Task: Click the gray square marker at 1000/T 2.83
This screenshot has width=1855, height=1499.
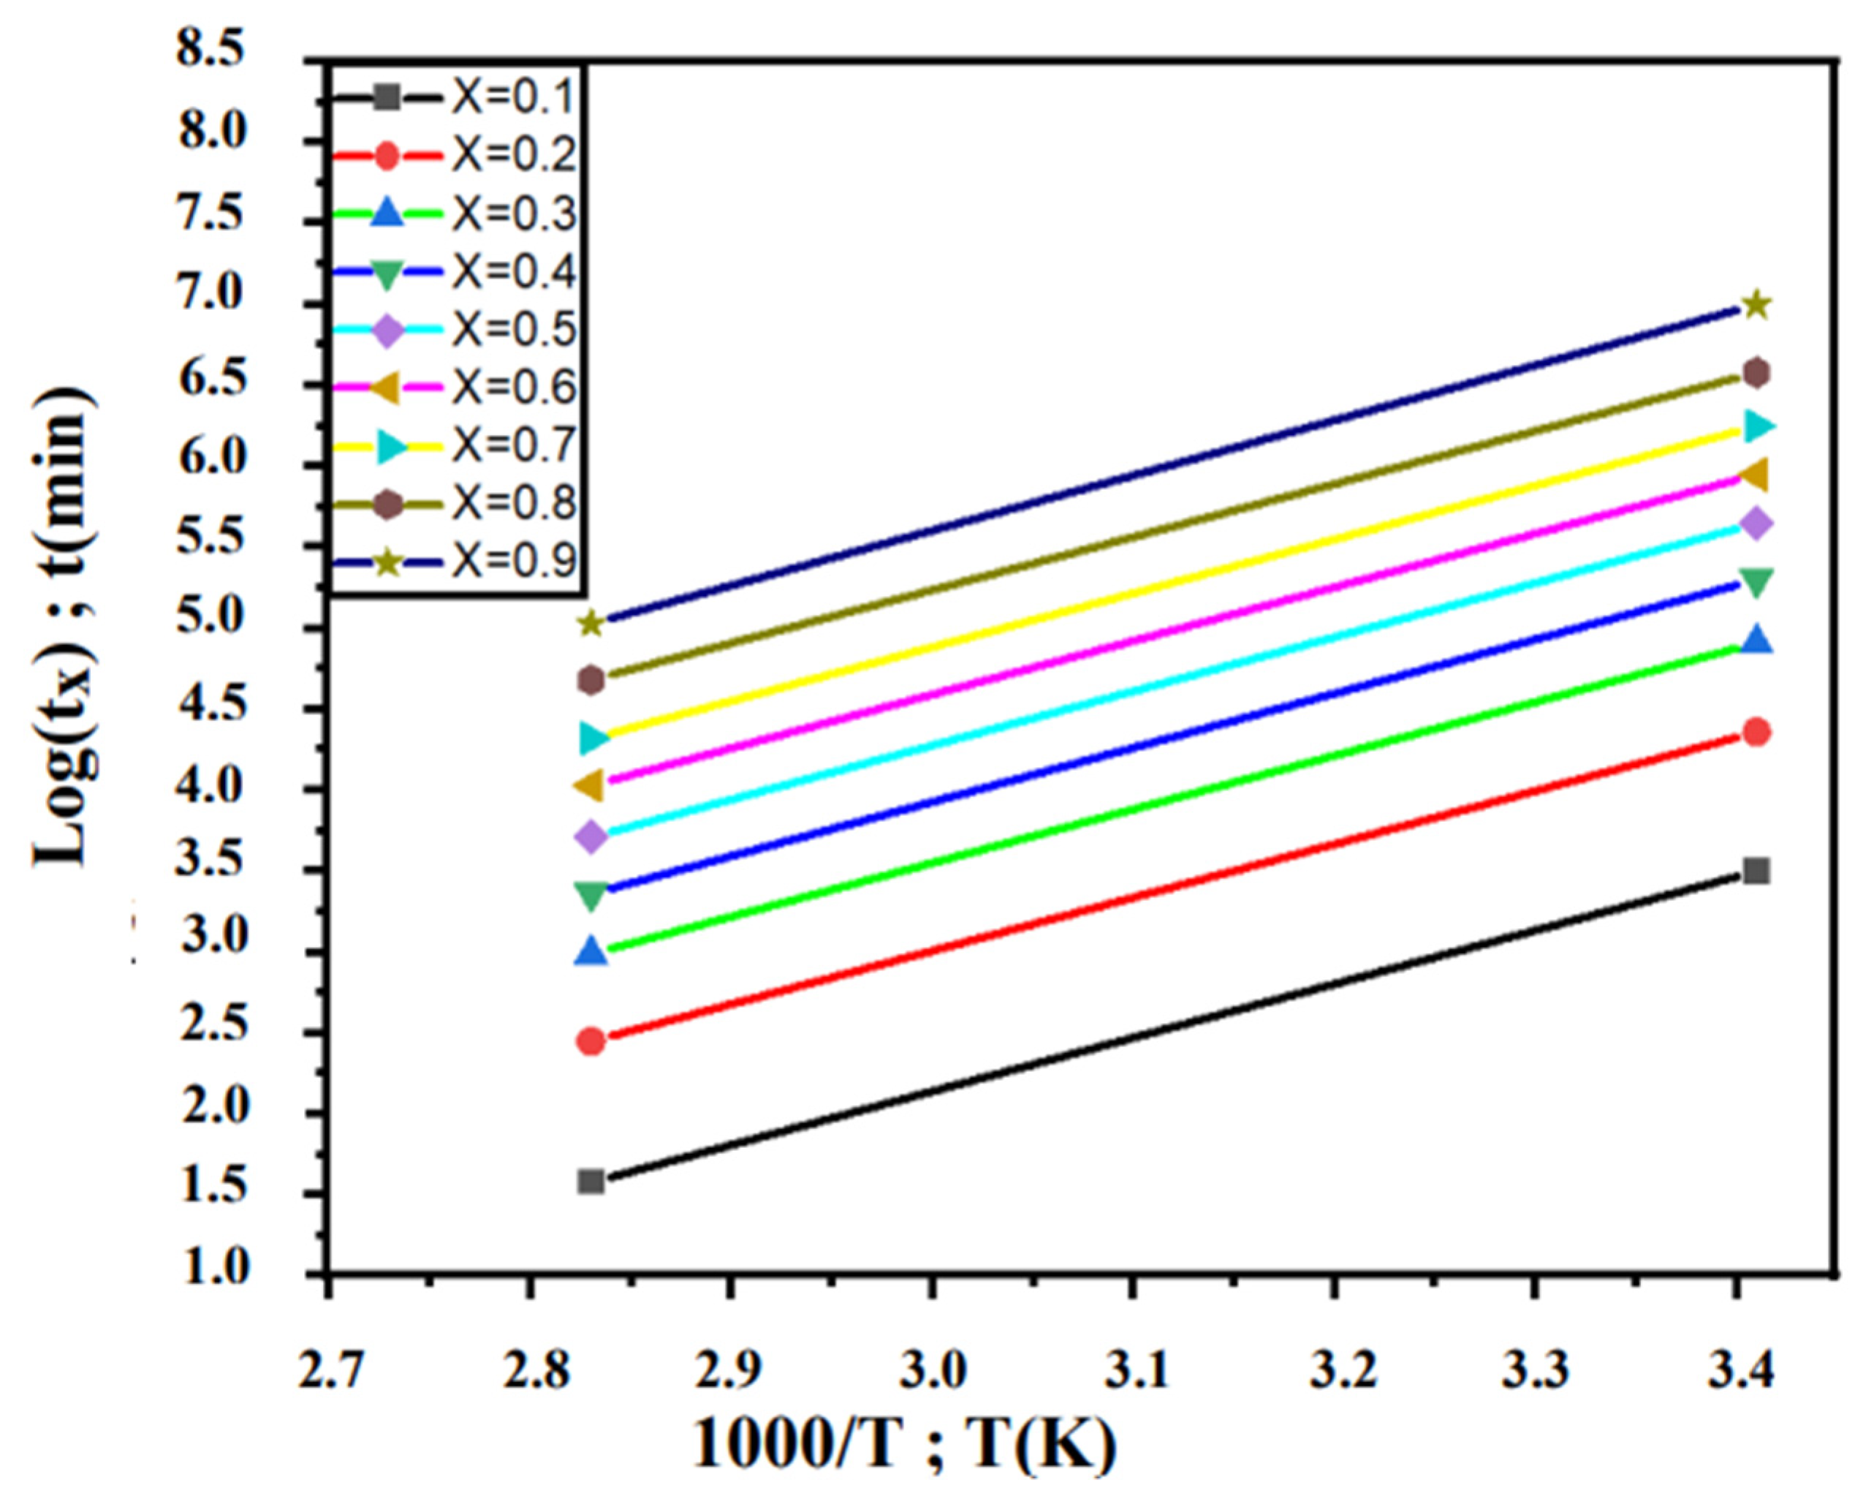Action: [x=591, y=1181]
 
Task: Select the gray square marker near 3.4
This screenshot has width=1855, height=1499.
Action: [x=1756, y=870]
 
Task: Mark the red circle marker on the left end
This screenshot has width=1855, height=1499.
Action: [x=591, y=1042]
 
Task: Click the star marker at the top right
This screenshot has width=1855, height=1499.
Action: [x=1756, y=305]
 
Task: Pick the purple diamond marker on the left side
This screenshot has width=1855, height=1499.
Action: [x=591, y=837]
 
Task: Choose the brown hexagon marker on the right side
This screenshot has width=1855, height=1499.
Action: [x=1756, y=373]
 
